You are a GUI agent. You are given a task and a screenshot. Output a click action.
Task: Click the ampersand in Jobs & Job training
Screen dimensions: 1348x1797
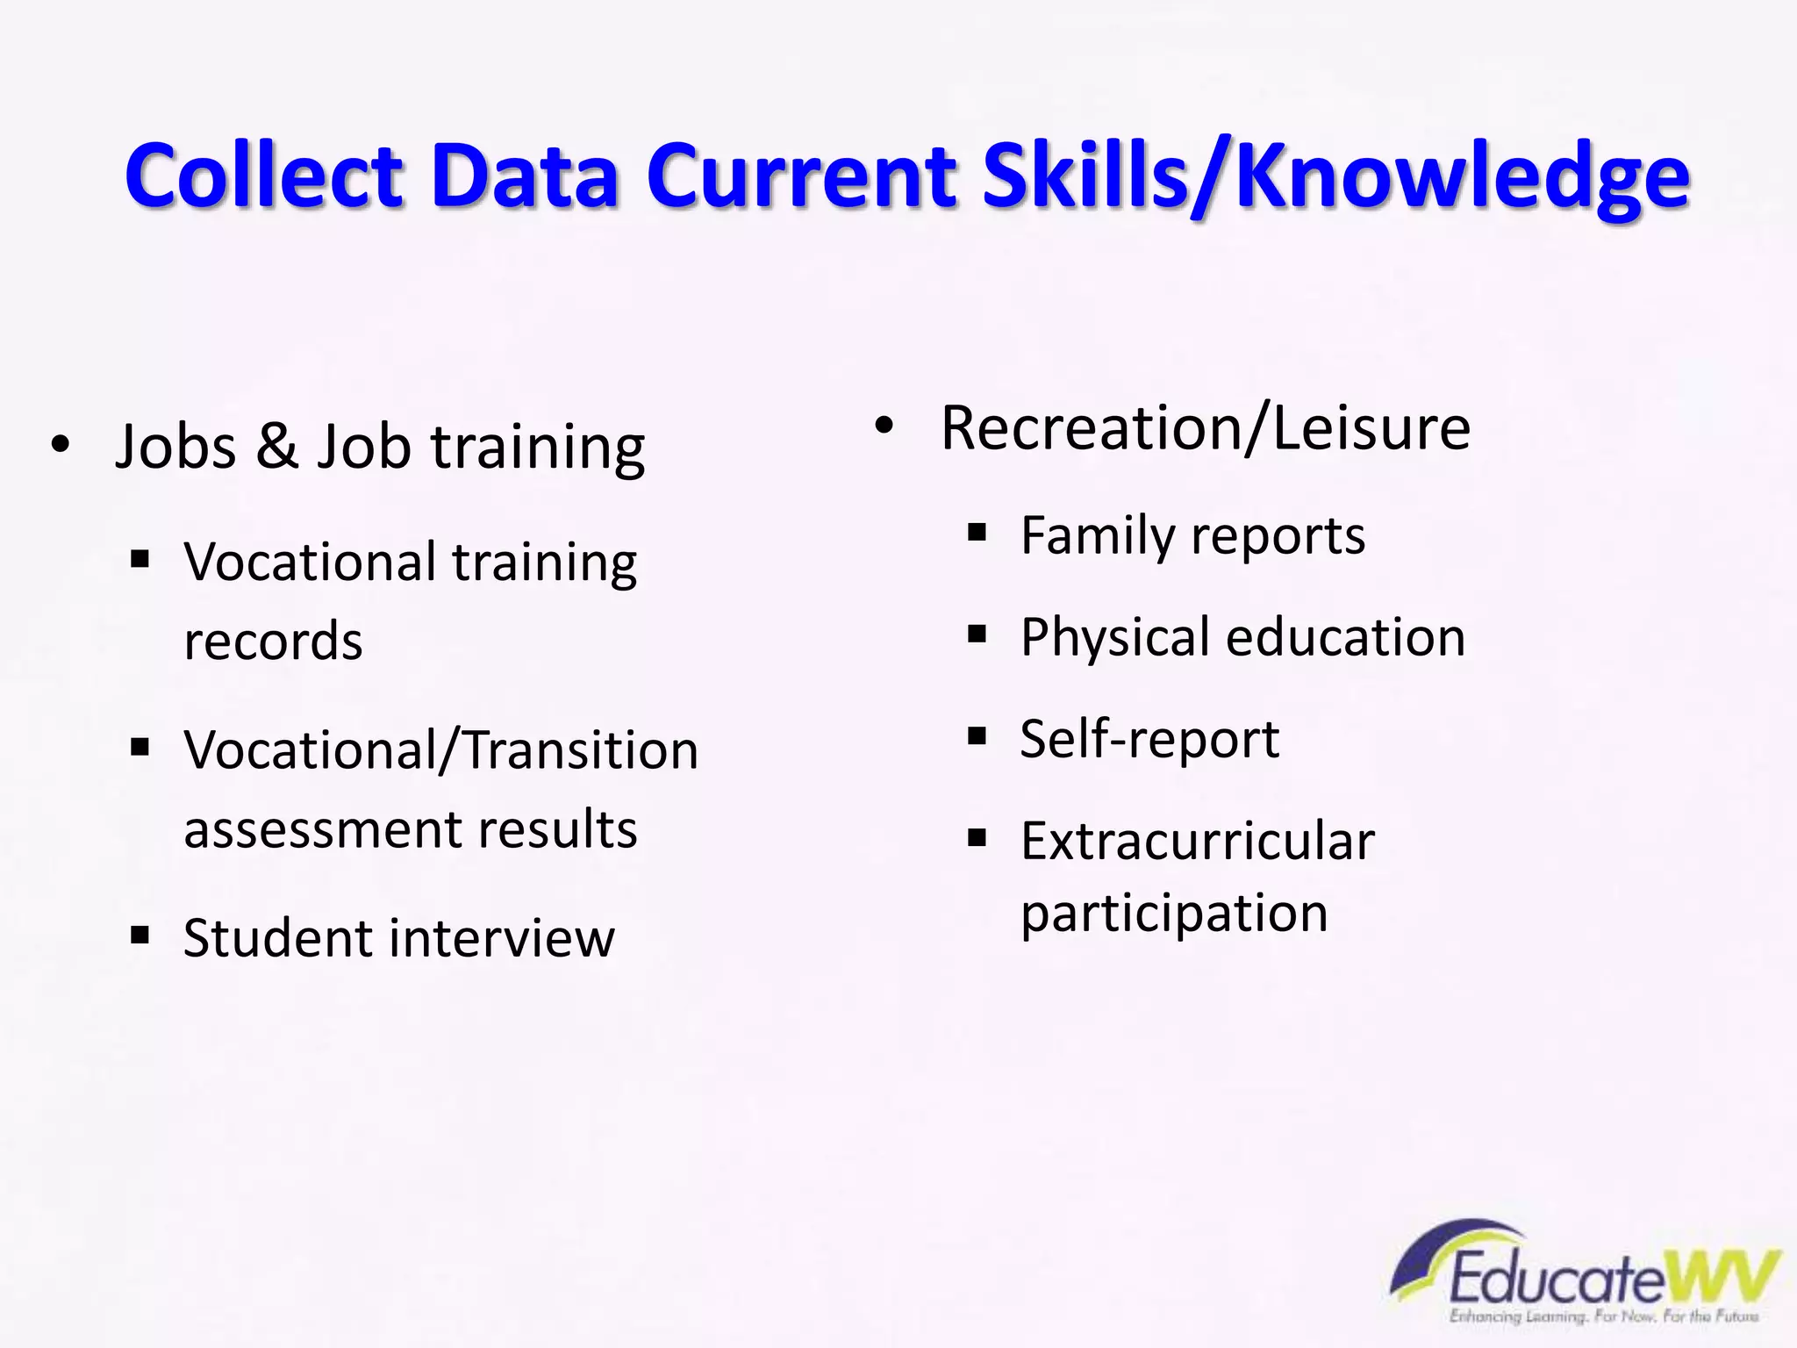[x=277, y=446]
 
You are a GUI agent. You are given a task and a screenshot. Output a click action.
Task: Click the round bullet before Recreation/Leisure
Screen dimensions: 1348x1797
[x=884, y=427]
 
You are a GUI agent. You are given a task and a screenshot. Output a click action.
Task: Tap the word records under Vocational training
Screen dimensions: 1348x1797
[x=273, y=640]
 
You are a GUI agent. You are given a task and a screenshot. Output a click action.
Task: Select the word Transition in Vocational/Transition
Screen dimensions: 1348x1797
[x=579, y=750]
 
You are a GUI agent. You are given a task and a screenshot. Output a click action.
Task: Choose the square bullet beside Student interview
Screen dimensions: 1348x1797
[x=140, y=935]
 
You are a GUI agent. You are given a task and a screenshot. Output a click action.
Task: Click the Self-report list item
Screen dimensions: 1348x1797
[x=1149, y=739]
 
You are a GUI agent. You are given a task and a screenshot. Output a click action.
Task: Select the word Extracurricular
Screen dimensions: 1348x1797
[x=1198, y=841]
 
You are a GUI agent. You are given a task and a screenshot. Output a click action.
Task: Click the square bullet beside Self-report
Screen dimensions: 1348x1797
[x=977, y=735]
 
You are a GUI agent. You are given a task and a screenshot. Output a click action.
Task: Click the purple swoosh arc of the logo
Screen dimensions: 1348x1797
[x=1439, y=1246]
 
